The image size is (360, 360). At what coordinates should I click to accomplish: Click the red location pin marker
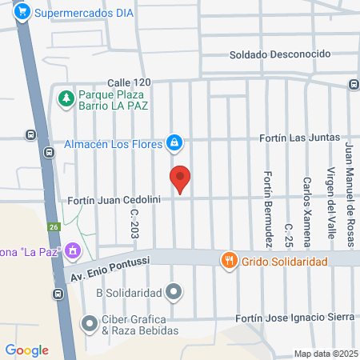[181, 179]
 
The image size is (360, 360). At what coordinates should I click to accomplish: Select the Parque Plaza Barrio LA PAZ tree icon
[65, 99]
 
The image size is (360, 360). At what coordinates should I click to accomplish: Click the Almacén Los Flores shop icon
[173, 144]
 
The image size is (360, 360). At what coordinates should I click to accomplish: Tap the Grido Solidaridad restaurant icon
[228, 260]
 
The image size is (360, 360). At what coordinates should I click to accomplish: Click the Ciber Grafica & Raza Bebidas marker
[89, 323]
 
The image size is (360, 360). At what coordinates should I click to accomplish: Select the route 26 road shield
[53, 227]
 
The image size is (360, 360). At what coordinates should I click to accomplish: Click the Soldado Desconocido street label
[280, 54]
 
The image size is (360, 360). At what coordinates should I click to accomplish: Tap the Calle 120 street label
[129, 83]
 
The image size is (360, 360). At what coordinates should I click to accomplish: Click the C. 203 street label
[134, 223]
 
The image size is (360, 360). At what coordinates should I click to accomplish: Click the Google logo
[27, 350]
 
